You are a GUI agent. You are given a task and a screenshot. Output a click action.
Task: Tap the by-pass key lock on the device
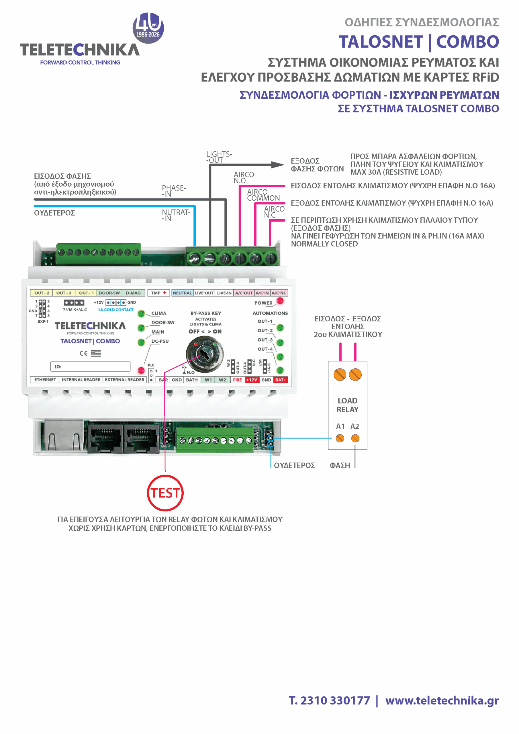[205, 354]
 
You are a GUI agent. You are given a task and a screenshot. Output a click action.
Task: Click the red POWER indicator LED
[280, 300]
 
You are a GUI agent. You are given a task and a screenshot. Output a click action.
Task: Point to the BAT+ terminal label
[281, 380]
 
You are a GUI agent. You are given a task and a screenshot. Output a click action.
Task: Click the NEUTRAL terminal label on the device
[182, 293]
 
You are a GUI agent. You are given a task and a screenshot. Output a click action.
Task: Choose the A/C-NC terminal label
[279, 293]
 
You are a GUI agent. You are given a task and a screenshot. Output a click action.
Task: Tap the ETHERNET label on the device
[45, 380]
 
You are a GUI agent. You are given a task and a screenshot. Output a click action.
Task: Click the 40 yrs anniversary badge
[148, 28]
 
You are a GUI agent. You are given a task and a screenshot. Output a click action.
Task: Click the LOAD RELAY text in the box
[347, 405]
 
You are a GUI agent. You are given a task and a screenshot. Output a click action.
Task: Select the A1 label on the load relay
[340, 426]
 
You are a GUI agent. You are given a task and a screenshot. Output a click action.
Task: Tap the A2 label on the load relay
[355, 426]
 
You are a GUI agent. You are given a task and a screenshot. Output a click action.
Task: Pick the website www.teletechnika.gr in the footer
[442, 700]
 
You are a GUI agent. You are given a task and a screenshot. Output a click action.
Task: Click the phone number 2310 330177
[335, 700]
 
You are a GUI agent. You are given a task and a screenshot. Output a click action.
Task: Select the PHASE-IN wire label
[174, 191]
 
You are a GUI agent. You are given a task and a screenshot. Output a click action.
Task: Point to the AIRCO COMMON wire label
[263, 195]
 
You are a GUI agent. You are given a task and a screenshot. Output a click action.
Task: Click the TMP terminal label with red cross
[159, 293]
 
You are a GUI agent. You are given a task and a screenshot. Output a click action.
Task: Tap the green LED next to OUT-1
[280, 327]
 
